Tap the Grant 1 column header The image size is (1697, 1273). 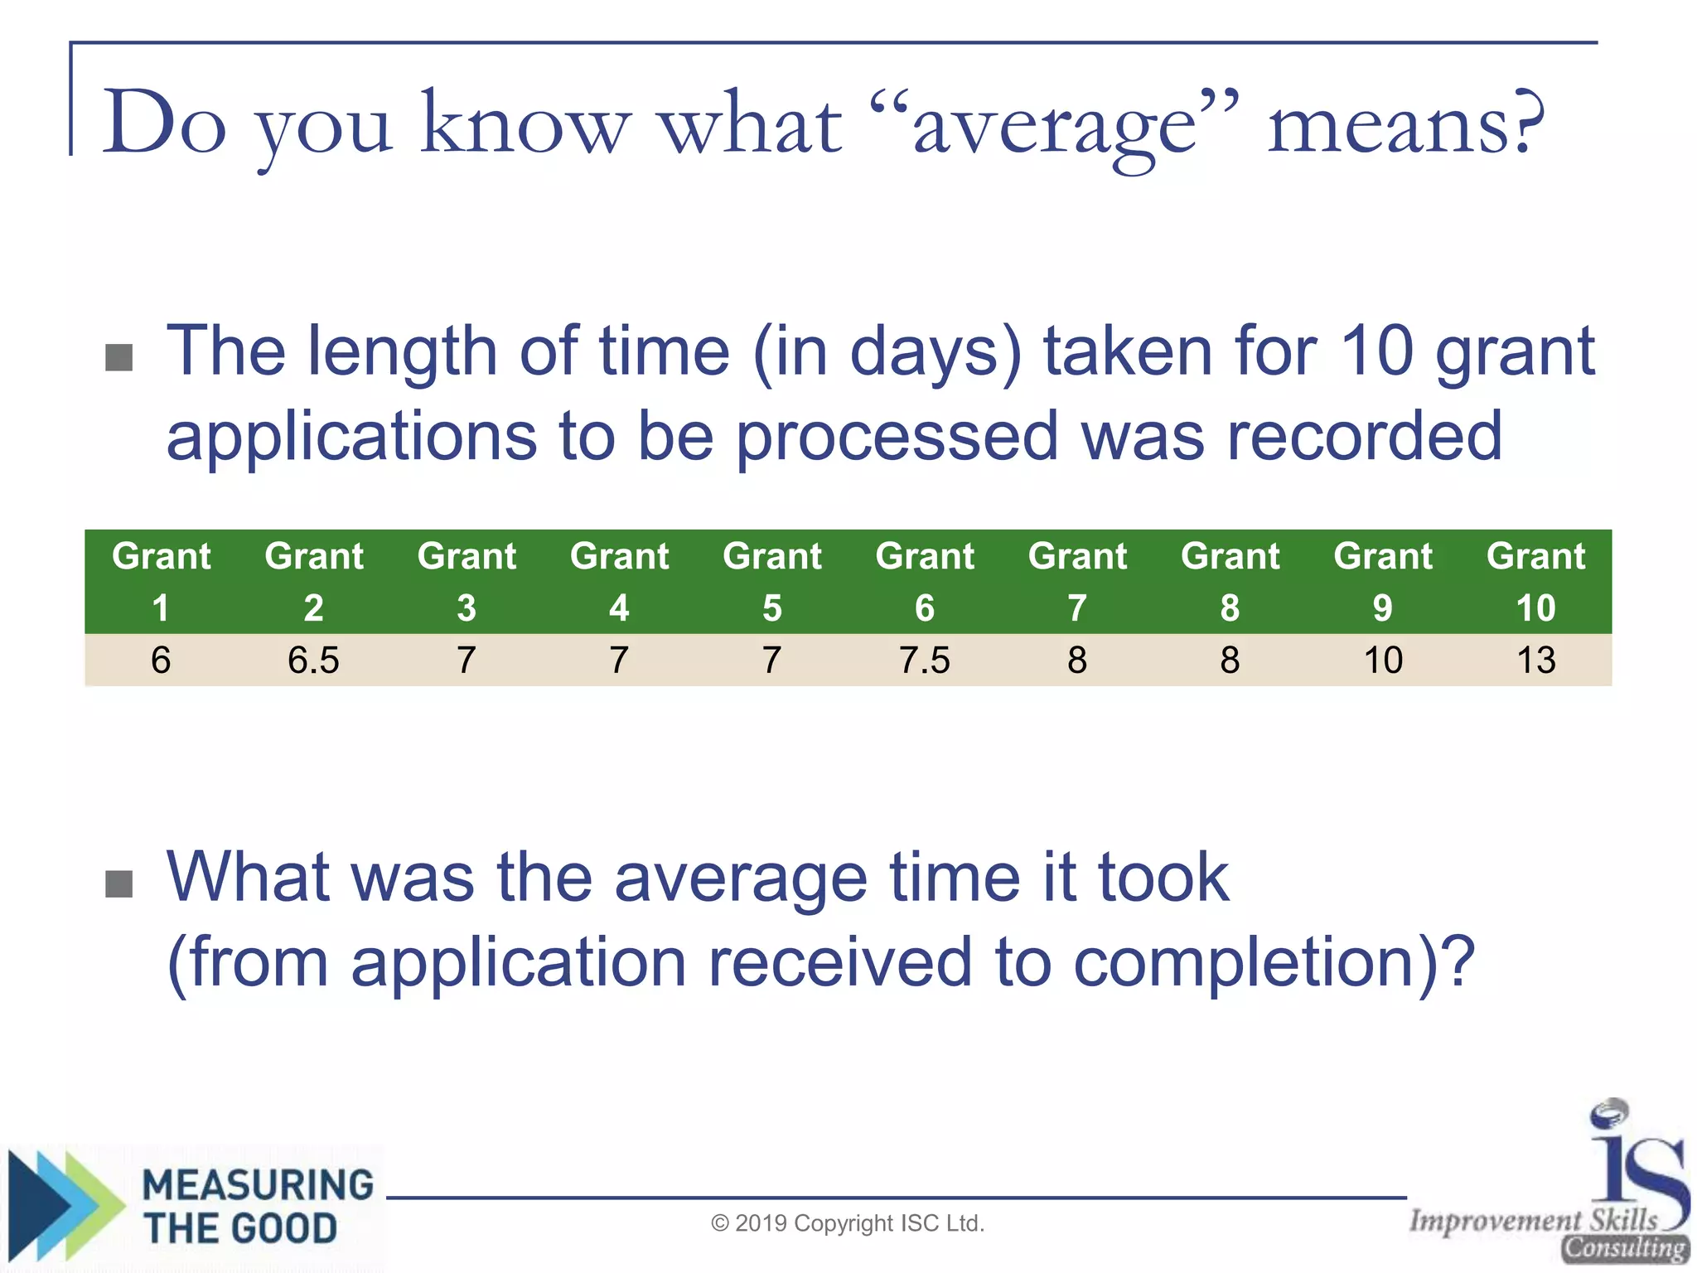pyautogui.click(x=161, y=581)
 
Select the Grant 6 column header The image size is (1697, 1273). pyautogui.click(x=925, y=581)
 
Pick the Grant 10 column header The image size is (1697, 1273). pyautogui.click(x=1535, y=581)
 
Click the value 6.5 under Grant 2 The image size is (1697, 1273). pyautogui.click(x=313, y=661)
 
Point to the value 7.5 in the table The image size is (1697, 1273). pyautogui.click(x=925, y=661)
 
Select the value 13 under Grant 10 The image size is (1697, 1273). pyautogui.click(x=1535, y=661)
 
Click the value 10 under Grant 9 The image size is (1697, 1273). pyautogui.click(x=1383, y=661)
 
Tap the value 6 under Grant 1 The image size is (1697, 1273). pyautogui.click(x=161, y=661)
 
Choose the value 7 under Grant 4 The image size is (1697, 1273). pyautogui.click(x=619, y=661)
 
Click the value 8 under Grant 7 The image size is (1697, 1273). pyautogui.click(x=1077, y=661)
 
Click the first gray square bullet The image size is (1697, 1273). pyautogui.click(x=119, y=358)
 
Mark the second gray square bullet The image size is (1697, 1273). pyautogui.click(x=119, y=883)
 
